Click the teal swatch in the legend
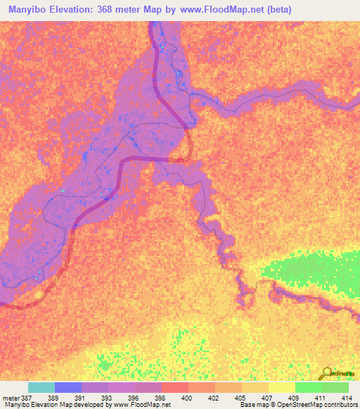41,387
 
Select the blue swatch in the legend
68,387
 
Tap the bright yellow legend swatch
282,387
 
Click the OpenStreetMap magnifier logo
326,374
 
